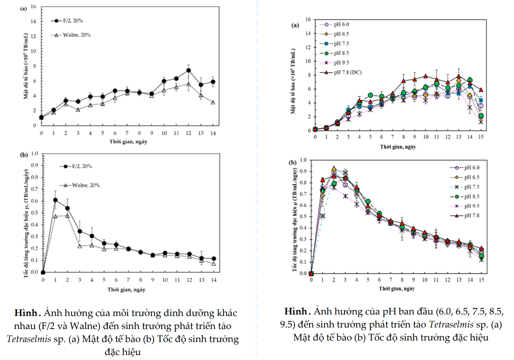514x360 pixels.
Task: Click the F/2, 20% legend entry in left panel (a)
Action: point(73,21)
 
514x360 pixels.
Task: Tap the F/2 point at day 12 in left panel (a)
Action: point(188,70)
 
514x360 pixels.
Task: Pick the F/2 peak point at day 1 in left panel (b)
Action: point(55,200)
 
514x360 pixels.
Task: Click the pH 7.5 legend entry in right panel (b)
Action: point(472,187)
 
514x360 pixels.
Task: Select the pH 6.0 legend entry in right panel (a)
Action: point(341,24)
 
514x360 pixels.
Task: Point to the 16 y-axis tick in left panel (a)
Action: point(33,7)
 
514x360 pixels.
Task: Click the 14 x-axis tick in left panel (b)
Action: point(214,280)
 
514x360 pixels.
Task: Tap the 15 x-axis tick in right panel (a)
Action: point(481,137)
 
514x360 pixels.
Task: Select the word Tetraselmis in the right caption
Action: point(451,325)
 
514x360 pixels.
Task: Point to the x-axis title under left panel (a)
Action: point(128,142)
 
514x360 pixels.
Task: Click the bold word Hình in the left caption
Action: point(26,313)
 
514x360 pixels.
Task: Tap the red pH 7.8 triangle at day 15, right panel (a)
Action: point(481,90)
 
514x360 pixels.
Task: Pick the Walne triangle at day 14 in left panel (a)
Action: point(213,103)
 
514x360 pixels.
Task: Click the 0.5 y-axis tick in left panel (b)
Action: point(34,213)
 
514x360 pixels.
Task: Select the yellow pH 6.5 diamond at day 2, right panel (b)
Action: point(334,169)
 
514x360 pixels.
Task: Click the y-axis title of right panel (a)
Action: point(293,81)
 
